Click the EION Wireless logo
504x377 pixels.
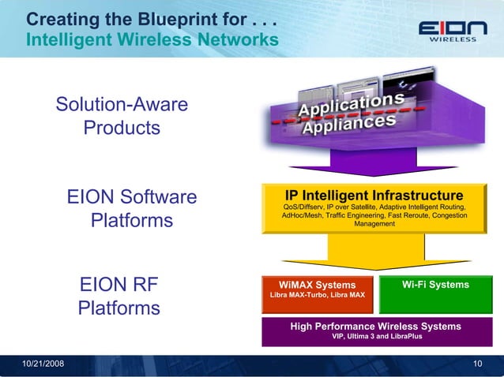pyautogui.click(x=446, y=33)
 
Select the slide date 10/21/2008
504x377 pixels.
pyautogui.click(x=44, y=363)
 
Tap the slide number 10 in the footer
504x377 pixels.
pyautogui.click(x=477, y=363)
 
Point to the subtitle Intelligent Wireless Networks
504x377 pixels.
pyautogui.click(x=152, y=39)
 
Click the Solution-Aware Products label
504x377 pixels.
pyautogui.click(x=122, y=116)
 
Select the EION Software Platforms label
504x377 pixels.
pyautogui.click(x=132, y=207)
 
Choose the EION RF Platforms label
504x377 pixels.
pyautogui.click(x=119, y=296)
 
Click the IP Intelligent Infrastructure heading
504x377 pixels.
pyautogui.click(x=374, y=195)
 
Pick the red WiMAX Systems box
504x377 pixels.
pyautogui.click(x=318, y=289)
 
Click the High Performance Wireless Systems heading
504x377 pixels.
pyautogui.click(x=375, y=326)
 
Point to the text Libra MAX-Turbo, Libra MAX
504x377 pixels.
pyautogui.click(x=318, y=296)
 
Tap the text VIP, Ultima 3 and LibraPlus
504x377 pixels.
pyautogui.click(x=375, y=336)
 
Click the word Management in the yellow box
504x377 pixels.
pyautogui.click(x=374, y=224)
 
